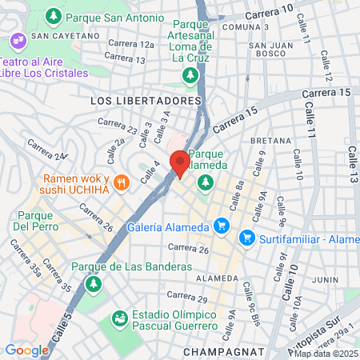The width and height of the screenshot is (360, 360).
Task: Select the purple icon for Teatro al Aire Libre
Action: click(17, 40)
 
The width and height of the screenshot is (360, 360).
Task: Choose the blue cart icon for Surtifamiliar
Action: click(247, 237)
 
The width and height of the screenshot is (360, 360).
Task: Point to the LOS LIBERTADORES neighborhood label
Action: click(145, 102)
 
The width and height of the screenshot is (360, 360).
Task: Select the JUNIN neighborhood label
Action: click(326, 279)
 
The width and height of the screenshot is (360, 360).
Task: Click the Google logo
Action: click(26, 350)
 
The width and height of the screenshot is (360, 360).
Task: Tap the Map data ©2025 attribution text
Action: click(324, 354)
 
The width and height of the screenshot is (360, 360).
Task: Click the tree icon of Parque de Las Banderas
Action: click(94, 283)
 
